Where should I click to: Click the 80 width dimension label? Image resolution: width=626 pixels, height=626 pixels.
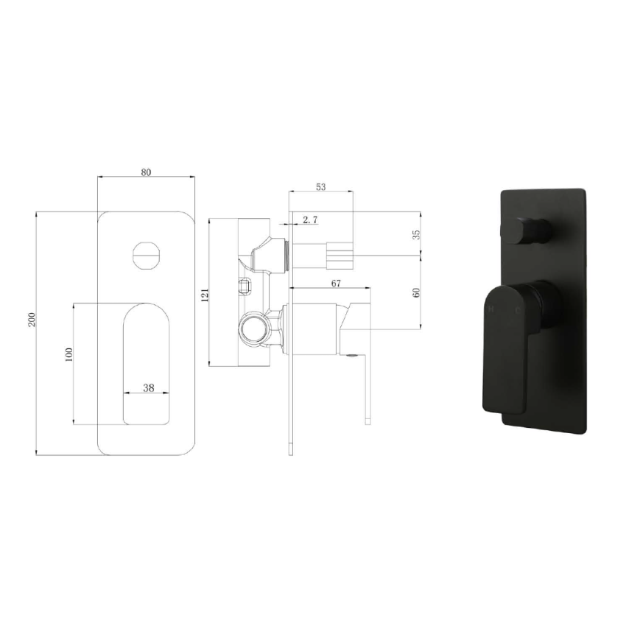tap(146, 172)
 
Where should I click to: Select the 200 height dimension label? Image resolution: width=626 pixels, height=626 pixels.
tap(32, 320)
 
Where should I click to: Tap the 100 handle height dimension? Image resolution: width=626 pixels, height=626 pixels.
tap(68, 354)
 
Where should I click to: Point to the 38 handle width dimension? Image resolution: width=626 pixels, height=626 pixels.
tap(147, 387)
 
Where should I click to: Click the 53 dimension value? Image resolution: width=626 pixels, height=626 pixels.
tap(320, 187)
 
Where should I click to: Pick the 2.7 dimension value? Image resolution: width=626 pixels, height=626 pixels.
tap(310, 219)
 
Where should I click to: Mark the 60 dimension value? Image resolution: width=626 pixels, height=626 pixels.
tap(416, 292)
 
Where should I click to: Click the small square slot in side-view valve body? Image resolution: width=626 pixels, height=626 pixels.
tap(246, 284)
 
